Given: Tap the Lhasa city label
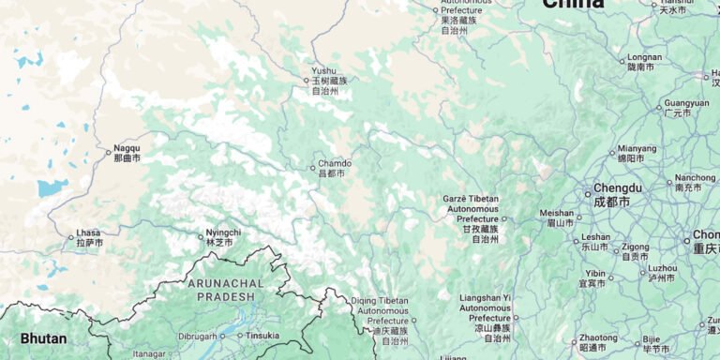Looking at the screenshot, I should (x=89, y=237).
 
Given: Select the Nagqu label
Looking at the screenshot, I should (x=127, y=154).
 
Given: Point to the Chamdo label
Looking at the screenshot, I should (x=335, y=168).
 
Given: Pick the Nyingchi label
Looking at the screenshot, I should (x=223, y=237).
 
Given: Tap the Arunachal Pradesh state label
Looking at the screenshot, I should (x=224, y=289).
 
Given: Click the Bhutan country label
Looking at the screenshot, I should (x=43, y=338).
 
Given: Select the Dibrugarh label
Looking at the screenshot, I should (x=197, y=335).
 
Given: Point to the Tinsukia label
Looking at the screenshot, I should (x=262, y=335).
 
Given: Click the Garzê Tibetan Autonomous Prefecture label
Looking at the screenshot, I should (x=472, y=218).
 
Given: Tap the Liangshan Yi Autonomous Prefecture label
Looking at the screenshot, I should (x=485, y=312).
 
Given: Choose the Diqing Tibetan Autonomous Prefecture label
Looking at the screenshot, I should (x=380, y=314).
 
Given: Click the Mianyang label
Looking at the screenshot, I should (x=637, y=153).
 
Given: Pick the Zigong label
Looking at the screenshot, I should (x=635, y=251).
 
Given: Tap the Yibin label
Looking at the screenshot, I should (x=595, y=278).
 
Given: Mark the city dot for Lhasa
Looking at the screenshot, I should (x=71, y=237).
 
